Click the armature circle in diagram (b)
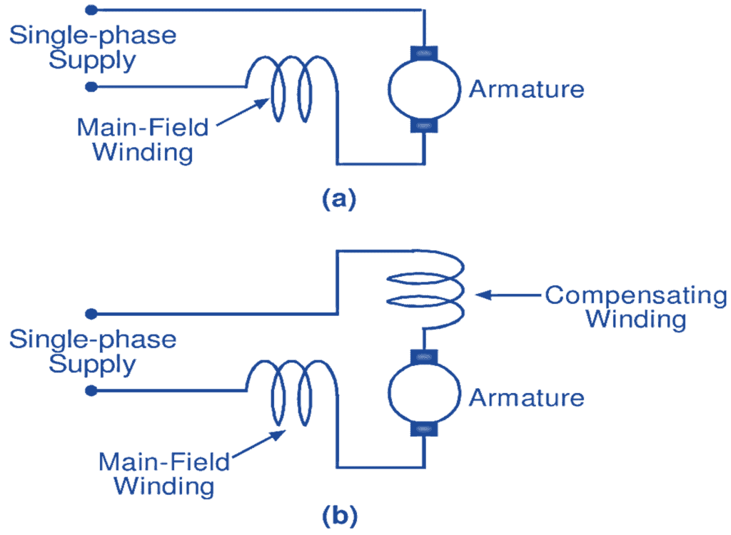tap(424, 394)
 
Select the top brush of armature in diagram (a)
tap(424, 53)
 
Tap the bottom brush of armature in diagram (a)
tap(424, 126)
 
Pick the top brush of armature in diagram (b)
tap(424, 356)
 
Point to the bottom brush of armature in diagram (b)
tap(424, 430)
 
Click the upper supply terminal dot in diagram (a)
tap(91, 10)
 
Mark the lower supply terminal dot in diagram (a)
tap(91, 87)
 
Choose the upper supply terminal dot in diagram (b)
tap(91, 314)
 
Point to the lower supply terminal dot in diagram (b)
tap(91, 391)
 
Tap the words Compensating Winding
tap(635, 306)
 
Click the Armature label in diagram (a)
tap(526, 90)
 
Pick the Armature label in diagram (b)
tap(526, 397)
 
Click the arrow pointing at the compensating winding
tap(507, 293)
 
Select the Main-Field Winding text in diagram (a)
tap(143, 140)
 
